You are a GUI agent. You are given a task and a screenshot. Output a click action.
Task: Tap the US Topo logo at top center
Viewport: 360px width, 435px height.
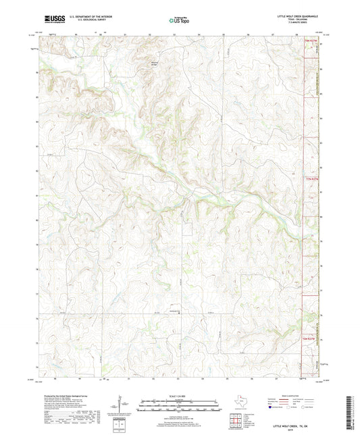(x=178, y=21)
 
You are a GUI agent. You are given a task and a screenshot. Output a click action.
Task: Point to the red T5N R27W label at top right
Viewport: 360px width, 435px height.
(x=309, y=42)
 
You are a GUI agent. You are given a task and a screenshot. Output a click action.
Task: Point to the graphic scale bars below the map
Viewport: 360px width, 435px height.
(x=179, y=408)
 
